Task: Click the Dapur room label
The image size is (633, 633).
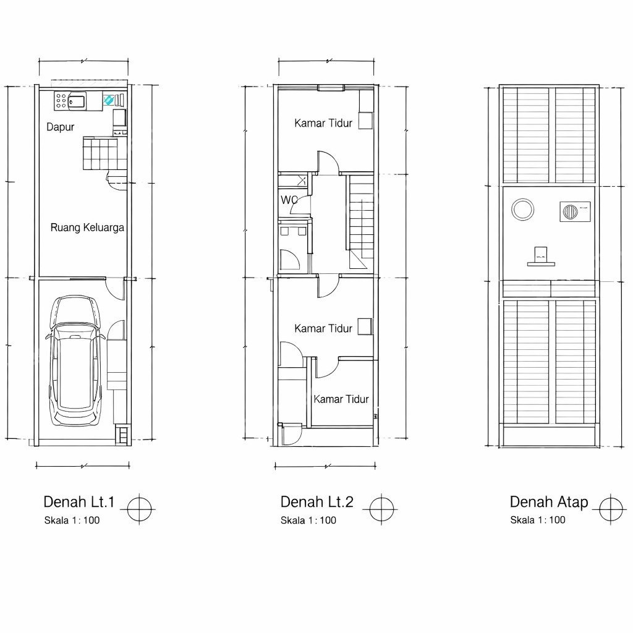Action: (60, 127)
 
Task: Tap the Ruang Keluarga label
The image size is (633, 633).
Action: (87, 227)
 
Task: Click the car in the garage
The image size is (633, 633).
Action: (75, 360)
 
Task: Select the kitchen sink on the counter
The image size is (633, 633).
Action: (77, 101)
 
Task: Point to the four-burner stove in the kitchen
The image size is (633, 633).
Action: (61, 101)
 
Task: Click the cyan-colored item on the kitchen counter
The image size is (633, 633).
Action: (108, 100)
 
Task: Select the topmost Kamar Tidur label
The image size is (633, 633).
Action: (323, 123)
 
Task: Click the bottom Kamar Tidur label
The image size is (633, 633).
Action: (341, 399)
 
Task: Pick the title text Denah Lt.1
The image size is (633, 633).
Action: (79, 502)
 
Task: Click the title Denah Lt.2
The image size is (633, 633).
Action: (317, 502)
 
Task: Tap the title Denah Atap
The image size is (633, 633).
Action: (549, 502)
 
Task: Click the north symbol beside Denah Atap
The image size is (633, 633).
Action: (610, 509)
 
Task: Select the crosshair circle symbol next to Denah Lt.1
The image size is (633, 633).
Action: (139, 509)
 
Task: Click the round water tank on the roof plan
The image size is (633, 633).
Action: (523, 210)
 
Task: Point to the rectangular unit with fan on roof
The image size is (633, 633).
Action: (576, 211)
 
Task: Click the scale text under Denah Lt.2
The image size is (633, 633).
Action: (308, 520)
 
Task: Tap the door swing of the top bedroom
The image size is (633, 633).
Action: (328, 163)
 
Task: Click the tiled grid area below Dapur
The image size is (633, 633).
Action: (105, 154)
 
